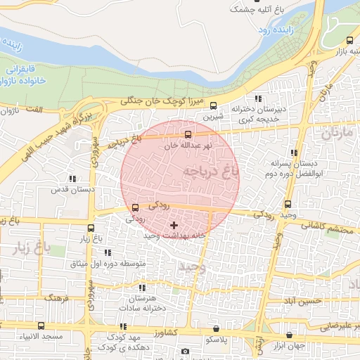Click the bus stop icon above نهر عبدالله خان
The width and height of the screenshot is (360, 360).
click(188, 134)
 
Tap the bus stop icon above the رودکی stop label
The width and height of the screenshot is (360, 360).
click(136, 207)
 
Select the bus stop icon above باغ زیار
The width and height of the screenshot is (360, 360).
click(91, 228)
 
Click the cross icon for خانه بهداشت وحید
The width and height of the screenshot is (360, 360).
click(174, 225)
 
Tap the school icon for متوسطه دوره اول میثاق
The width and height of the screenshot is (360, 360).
click(108, 252)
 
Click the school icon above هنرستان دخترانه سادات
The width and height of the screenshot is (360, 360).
click(142, 288)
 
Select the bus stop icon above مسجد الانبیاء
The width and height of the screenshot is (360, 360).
click(41, 326)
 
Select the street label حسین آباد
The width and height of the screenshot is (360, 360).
click(303, 301)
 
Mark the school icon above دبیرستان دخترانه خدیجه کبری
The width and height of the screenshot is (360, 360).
click(258, 98)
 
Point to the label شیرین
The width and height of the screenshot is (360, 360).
click(214, 115)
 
